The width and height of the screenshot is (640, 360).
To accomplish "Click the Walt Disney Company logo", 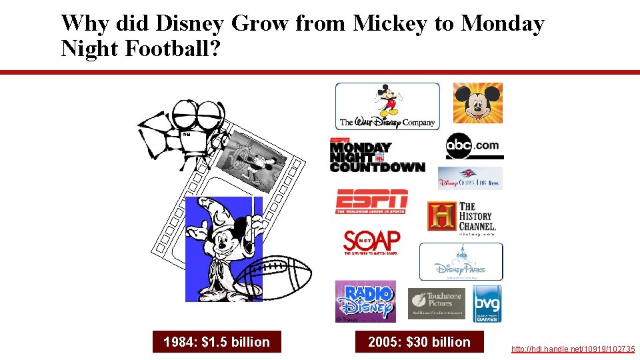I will tap(387, 106).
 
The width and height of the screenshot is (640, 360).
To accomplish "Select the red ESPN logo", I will tap(371, 201).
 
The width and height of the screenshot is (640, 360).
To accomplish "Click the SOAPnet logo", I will tap(371, 243).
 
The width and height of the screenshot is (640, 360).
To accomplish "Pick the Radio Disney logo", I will tap(365, 301).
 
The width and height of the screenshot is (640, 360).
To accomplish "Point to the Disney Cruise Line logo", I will tap(470, 178).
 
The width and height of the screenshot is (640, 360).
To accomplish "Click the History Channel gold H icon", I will tap(442, 216).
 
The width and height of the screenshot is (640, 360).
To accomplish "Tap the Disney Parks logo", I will tap(461, 261).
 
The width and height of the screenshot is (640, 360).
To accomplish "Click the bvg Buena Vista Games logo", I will tap(487, 303).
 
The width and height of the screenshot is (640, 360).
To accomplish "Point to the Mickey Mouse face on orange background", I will tap(478, 103).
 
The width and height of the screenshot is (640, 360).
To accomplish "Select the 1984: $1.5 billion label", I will tap(217, 342).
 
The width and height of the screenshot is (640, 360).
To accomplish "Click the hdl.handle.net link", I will tap(573, 349).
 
